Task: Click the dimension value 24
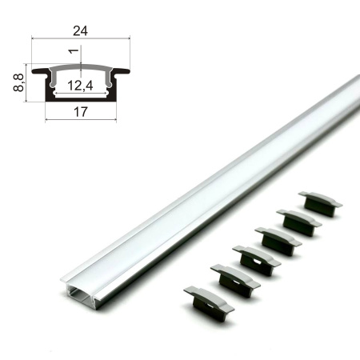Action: (80, 31)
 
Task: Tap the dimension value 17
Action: (81, 112)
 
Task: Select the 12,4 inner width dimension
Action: (80, 86)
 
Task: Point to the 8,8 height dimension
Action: (18, 83)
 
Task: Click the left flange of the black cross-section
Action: (41, 71)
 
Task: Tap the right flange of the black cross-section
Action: (121, 71)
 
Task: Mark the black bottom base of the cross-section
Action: (81, 99)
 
